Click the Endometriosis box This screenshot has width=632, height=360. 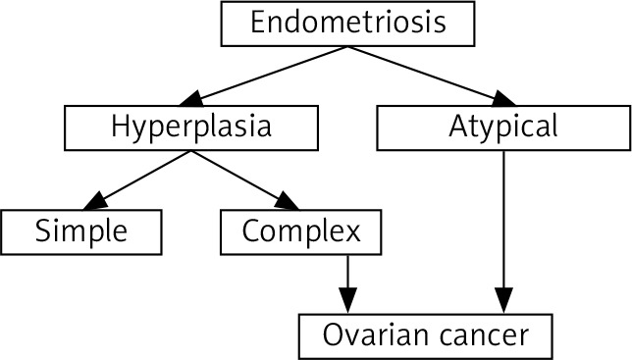347,24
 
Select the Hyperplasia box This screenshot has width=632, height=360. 191,129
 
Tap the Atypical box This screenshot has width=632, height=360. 503,129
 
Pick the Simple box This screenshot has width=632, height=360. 81,231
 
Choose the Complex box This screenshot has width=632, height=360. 300,231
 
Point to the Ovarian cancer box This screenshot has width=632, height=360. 426,336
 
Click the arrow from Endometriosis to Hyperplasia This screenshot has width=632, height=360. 264,77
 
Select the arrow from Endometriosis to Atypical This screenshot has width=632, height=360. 431,77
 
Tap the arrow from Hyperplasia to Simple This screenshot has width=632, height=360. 137,180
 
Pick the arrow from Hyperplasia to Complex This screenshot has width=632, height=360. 245,180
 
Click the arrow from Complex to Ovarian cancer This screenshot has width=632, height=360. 347,283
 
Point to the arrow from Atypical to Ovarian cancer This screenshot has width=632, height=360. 503,231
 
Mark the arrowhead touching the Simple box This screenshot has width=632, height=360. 95,202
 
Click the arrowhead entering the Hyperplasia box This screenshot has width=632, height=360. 191,99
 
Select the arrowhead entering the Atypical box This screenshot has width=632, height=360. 504,99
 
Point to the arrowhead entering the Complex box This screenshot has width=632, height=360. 288,202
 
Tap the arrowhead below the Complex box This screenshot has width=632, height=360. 347,300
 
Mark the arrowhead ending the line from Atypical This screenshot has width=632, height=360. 503,300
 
